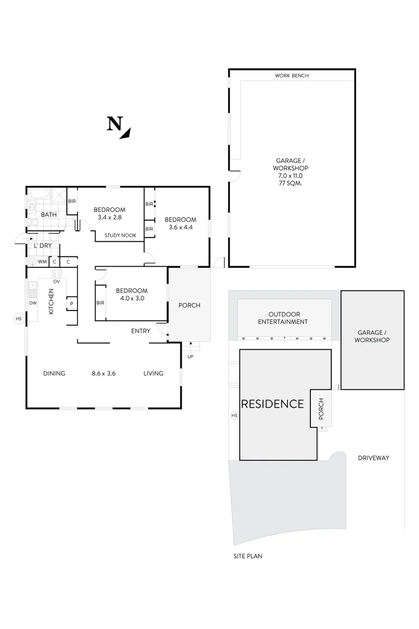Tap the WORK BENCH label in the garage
click(292, 76)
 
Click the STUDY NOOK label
click(120, 235)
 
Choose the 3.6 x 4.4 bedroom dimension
click(180, 228)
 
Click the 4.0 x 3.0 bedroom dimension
click(131, 299)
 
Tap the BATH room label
click(49, 215)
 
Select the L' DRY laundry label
click(43, 246)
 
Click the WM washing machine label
click(42, 262)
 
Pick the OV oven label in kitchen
click(56, 281)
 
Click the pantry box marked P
click(72, 303)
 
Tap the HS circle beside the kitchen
click(19, 319)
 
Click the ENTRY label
click(141, 331)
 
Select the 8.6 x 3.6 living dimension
click(104, 373)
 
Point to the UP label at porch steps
click(190, 356)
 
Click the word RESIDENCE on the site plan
click(272, 404)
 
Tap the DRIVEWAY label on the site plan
click(373, 458)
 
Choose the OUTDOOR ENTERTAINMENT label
click(283, 317)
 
